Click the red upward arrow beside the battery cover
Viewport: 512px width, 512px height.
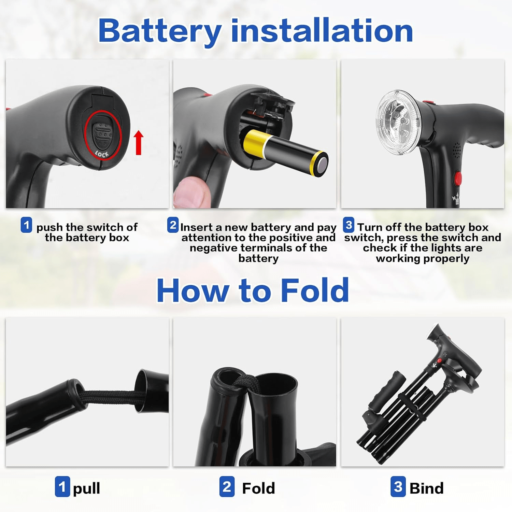coord(139,142)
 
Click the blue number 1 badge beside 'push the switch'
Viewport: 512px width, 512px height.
coord(26,225)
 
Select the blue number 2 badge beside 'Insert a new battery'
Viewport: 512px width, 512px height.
coord(173,225)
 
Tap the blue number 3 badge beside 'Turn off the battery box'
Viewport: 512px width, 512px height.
coord(349,225)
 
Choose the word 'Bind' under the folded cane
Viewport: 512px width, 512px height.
coord(426,488)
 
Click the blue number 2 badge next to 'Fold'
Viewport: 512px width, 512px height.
coord(227,486)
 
